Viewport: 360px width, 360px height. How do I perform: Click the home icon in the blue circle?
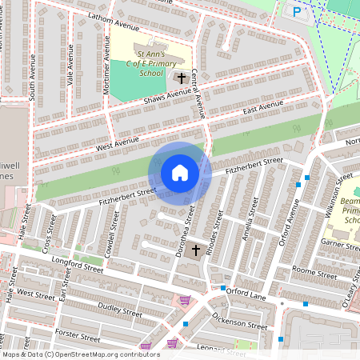[x=180, y=173]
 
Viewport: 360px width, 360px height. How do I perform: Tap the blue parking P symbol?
[x=298, y=12]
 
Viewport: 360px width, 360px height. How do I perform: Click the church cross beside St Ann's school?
[x=182, y=78]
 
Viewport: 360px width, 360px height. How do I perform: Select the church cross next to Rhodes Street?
[x=195, y=251]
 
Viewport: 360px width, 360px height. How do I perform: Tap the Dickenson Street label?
[x=240, y=322]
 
